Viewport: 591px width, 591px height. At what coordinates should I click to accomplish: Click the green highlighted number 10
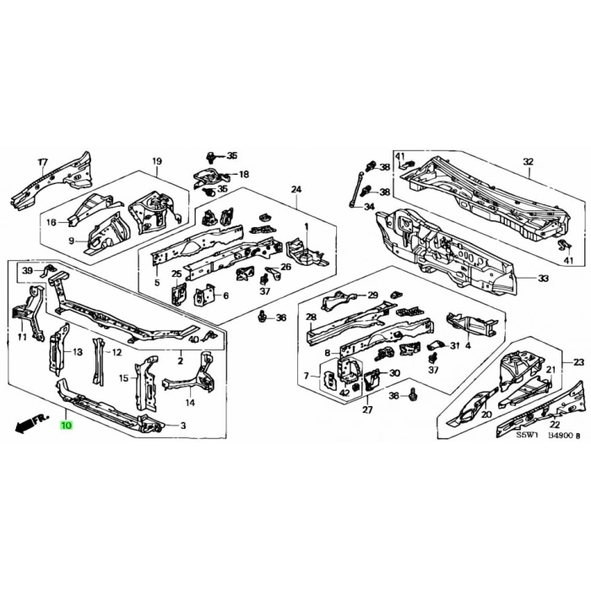[66, 427]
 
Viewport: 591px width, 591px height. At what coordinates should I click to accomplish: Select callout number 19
[156, 161]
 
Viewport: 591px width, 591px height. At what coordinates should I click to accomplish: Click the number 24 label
[296, 189]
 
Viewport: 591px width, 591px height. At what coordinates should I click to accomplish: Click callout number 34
[369, 207]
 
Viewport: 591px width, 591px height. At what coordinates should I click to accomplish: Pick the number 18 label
[245, 175]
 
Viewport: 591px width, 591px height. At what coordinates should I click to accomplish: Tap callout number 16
[51, 223]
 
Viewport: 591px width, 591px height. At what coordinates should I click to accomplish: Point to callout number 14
[190, 404]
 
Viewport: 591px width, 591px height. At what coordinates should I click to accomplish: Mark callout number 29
[373, 295]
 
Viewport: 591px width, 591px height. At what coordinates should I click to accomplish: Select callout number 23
[578, 363]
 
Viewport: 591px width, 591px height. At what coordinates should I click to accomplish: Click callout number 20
[486, 415]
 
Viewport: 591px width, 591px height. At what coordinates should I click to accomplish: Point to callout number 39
[27, 270]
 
